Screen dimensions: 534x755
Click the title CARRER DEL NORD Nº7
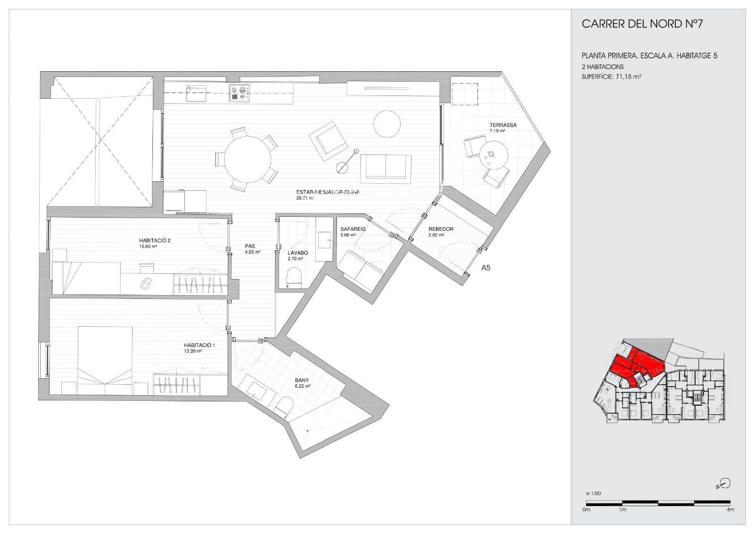click(x=642, y=24)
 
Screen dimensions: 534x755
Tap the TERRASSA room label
click(x=503, y=125)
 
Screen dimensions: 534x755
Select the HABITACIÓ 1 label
click(x=199, y=346)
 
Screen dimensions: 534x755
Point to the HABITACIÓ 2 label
click(x=154, y=240)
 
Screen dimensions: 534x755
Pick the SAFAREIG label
click(x=353, y=229)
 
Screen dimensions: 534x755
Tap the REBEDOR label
click(x=440, y=229)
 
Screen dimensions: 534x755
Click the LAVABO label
click(x=297, y=253)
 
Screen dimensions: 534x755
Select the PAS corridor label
click(x=250, y=246)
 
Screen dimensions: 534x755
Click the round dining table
click(x=248, y=159)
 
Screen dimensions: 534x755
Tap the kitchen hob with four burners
click(x=240, y=93)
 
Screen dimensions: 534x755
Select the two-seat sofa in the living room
click(x=386, y=168)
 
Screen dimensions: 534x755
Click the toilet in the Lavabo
click(x=294, y=277)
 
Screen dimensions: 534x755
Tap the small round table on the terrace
click(x=493, y=155)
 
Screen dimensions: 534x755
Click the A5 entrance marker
click(x=486, y=268)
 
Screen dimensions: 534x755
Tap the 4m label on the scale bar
click(x=730, y=509)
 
